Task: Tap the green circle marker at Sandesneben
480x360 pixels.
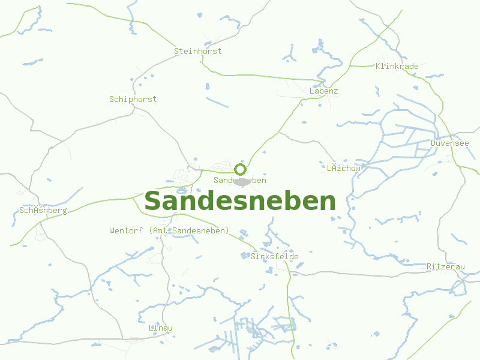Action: click(x=241, y=169)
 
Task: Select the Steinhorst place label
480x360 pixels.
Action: click(x=197, y=51)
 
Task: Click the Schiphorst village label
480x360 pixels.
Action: click(x=133, y=99)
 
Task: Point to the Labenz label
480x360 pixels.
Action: click(x=324, y=91)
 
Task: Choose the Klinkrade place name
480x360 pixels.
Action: click(x=397, y=66)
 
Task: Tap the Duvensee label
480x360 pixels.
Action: click(x=449, y=143)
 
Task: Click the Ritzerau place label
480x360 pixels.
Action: click(x=445, y=266)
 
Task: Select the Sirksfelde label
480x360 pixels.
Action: click(x=274, y=256)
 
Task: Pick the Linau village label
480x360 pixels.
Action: click(x=161, y=328)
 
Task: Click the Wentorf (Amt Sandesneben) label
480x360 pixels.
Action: click(x=169, y=230)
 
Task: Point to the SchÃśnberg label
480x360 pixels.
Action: click(x=43, y=211)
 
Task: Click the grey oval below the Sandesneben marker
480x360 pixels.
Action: click(x=242, y=182)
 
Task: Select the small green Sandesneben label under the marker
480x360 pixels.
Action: click(x=240, y=180)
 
